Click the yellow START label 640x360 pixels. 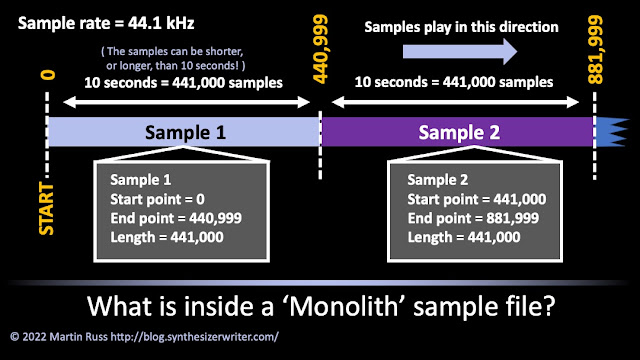pyautogui.click(x=46, y=209)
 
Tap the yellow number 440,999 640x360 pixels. pyautogui.click(x=320, y=49)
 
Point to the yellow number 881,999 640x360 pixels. pyautogui.click(x=595, y=49)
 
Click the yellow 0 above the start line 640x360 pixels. pyautogui.click(x=48, y=75)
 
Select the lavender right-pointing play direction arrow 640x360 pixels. pyautogui.click(x=460, y=52)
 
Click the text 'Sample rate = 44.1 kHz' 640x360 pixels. pyautogui.click(x=106, y=23)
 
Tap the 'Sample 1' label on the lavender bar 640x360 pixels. pyautogui.click(x=185, y=132)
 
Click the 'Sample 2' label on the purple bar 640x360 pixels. pyautogui.click(x=459, y=132)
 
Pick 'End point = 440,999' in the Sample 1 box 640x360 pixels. pyautogui.click(x=176, y=218)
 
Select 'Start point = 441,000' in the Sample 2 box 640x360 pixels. pyautogui.click(x=477, y=199)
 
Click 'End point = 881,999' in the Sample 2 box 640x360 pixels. pyautogui.click(x=473, y=218)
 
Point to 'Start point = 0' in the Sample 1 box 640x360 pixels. pyautogui.click(x=158, y=199)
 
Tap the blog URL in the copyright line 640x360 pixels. pyautogui.click(x=195, y=337)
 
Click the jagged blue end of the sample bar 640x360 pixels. pyautogui.click(x=611, y=131)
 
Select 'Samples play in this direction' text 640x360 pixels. pyautogui.click(x=461, y=27)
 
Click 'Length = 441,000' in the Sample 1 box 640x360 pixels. pyautogui.click(x=167, y=237)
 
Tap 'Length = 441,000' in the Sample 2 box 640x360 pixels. pyautogui.click(x=464, y=237)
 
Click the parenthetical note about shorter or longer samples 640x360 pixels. pyautogui.click(x=173, y=58)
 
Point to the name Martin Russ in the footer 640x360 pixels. pyautogui.click(x=78, y=337)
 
